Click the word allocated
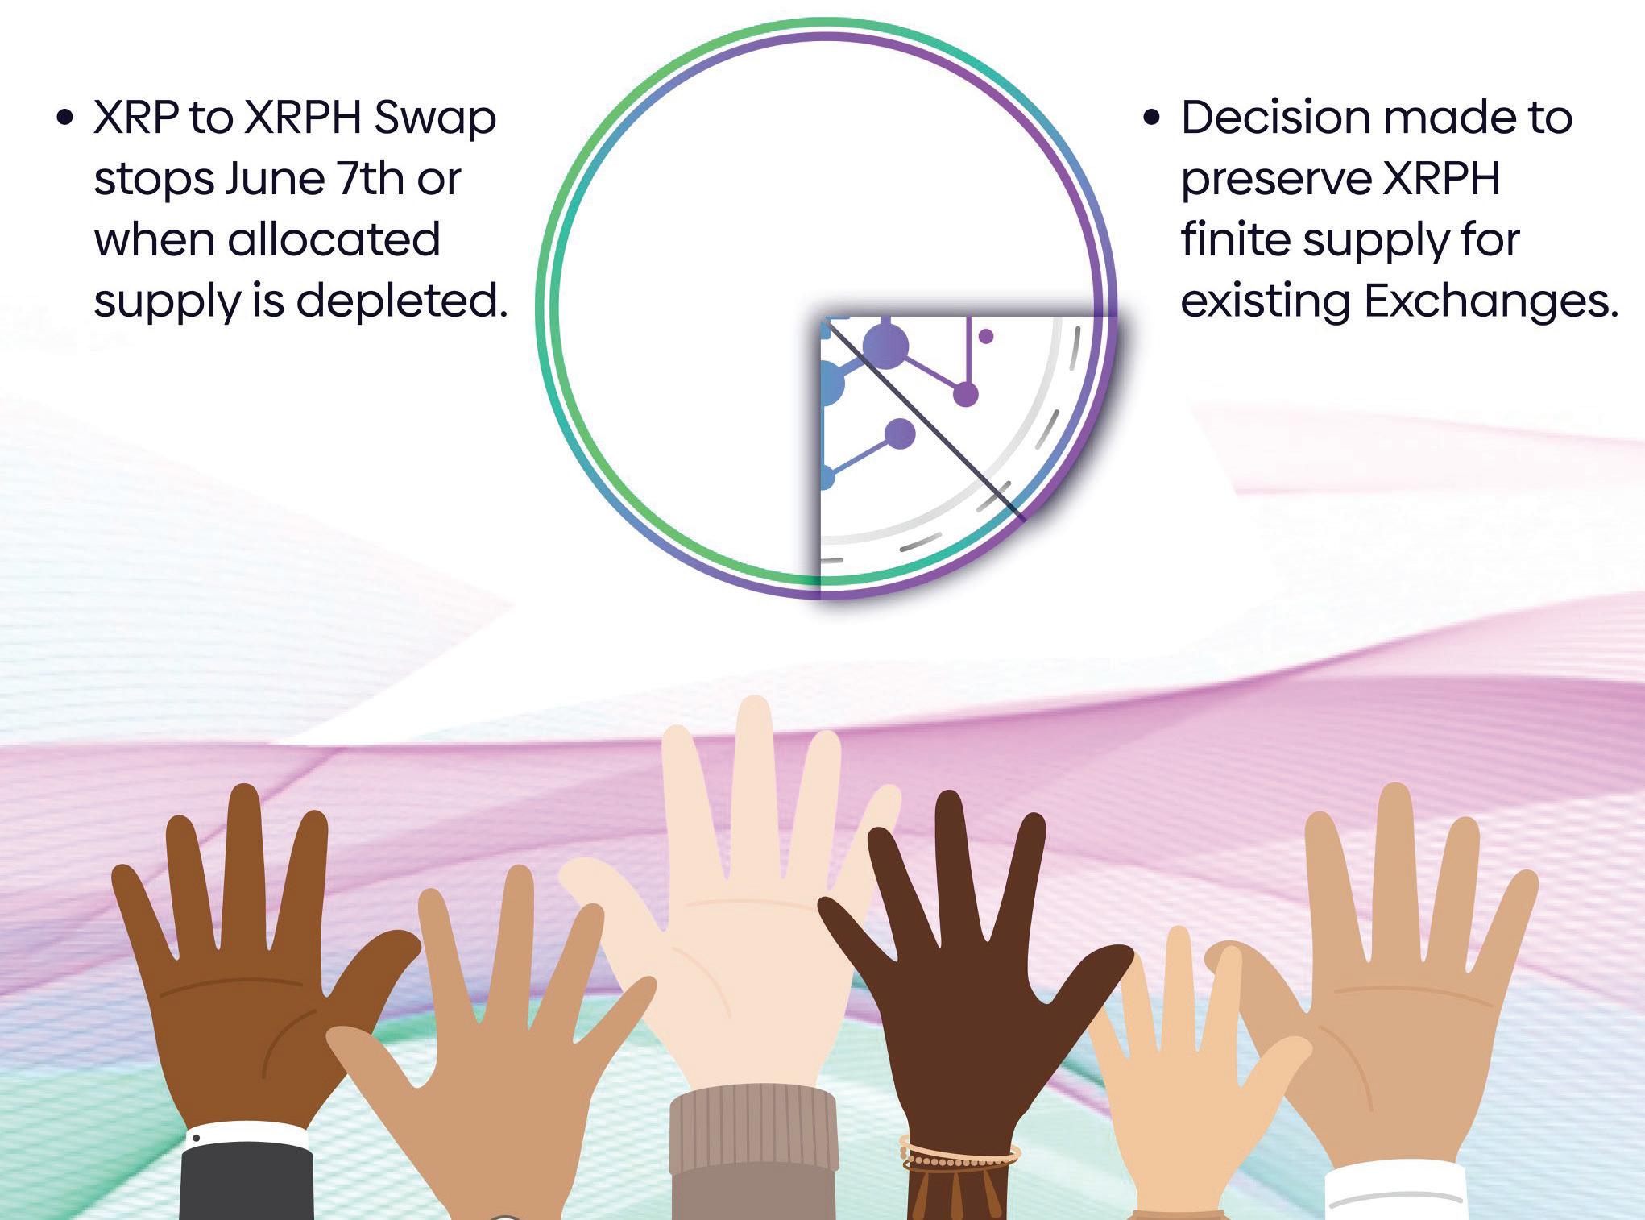[334, 240]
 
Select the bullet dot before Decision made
[1153, 118]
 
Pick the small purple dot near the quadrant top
[985, 336]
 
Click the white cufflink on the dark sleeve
[196, 1139]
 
